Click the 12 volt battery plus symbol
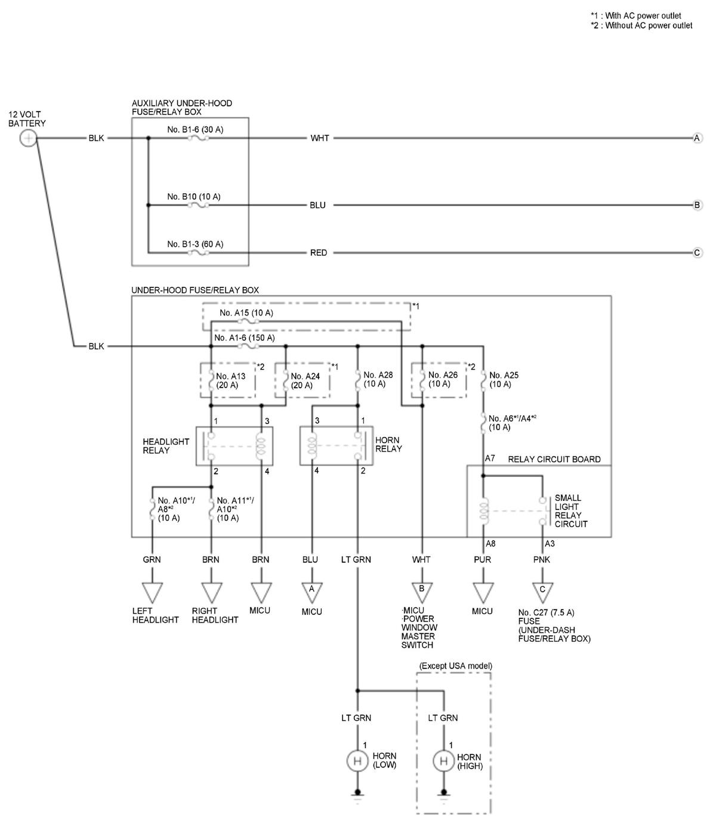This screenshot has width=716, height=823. point(28,139)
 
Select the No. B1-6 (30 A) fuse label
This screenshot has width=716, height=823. point(195,129)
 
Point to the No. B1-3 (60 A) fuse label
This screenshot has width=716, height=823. point(195,244)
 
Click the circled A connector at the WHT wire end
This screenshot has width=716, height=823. point(697,138)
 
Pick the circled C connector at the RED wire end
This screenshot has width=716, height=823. point(697,253)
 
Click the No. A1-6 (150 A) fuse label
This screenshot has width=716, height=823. point(244,338)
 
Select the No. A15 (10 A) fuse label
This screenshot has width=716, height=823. point(246,313)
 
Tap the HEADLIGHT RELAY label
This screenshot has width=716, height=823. point(165,446)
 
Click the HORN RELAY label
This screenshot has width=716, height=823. point(388,444)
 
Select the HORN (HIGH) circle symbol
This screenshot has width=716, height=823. point(443,761)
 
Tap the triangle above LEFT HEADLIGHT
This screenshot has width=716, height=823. point(152,592)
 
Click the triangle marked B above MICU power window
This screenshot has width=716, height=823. point(421,591)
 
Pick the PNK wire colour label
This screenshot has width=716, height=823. point(541,559)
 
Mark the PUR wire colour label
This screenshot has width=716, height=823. point(482,559)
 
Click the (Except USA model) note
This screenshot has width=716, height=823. point(455,666)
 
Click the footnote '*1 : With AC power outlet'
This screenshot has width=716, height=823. point(635,16)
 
